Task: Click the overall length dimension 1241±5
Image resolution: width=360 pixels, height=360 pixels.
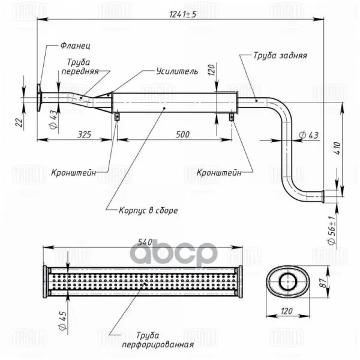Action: click(183, 14)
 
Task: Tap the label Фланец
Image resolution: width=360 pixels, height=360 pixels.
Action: click(76, 46)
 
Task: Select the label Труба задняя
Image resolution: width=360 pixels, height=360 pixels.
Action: click(280, 56)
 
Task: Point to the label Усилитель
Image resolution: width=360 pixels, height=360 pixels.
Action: click(177, 71)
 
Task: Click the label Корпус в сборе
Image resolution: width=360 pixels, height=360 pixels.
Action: click(148, 211)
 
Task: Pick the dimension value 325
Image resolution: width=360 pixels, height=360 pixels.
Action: click(84, 134)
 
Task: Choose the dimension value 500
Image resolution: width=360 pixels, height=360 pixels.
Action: click(182, 134)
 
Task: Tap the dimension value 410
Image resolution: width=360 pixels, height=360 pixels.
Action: click(338, 148)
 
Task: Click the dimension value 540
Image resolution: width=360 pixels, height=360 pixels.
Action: click(145, 242)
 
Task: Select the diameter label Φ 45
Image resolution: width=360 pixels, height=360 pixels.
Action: click(62, 320)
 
